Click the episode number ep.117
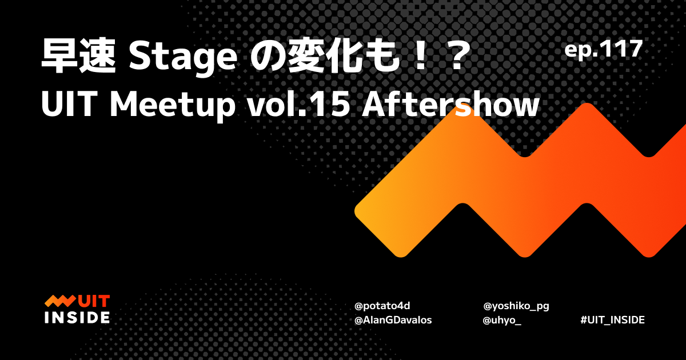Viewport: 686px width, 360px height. pos(604,50)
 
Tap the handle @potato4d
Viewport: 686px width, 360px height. pos(382,306)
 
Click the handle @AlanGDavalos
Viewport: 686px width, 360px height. pos(393,320)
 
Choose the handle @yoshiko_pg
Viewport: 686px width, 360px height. pos(516,306)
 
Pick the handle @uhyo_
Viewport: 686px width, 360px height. pos(501,320)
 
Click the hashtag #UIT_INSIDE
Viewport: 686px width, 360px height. pos(612,320)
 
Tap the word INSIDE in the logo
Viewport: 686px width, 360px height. pos(77,317)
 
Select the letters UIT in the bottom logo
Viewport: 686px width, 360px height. pos(94,301)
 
